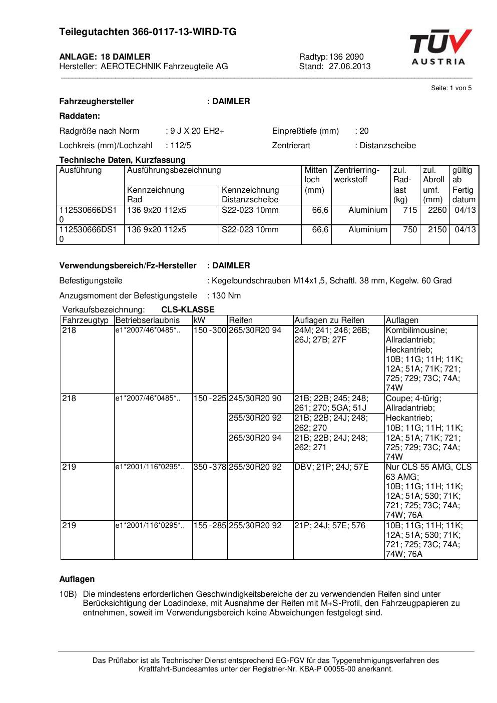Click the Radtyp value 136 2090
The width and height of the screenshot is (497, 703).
346,57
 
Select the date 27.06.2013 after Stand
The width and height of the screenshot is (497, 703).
350,66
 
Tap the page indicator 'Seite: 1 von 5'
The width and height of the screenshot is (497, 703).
451,88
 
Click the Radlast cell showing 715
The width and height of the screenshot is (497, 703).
410,210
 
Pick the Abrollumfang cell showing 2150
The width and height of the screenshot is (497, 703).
437,229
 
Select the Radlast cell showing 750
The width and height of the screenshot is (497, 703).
410,229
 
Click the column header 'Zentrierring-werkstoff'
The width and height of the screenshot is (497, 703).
357,175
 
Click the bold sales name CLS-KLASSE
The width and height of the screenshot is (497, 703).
188,309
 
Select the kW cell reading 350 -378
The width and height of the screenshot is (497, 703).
210,467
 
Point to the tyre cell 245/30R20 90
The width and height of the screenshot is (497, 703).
255,399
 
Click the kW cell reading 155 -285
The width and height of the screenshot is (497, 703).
210,525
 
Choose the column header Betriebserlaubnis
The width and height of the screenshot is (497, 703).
147,320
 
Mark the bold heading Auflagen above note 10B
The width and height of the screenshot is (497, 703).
77,579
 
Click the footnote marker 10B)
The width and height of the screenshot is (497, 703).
68,594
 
